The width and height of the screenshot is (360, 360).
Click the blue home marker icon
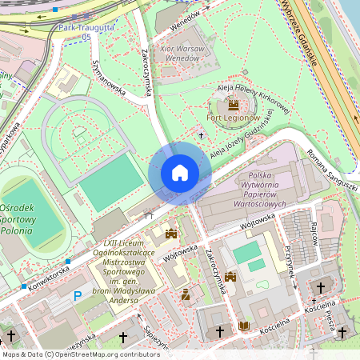[x=180, y=173]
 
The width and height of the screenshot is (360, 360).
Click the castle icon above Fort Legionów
[x=233, y=105]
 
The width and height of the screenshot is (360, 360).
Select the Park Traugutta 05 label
[x=85, y=31]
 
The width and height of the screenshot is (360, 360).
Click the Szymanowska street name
[x=110, y=78]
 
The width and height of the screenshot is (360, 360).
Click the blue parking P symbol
[x=78, y=296]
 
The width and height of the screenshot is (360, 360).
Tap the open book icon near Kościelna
[x=244, y=326]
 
